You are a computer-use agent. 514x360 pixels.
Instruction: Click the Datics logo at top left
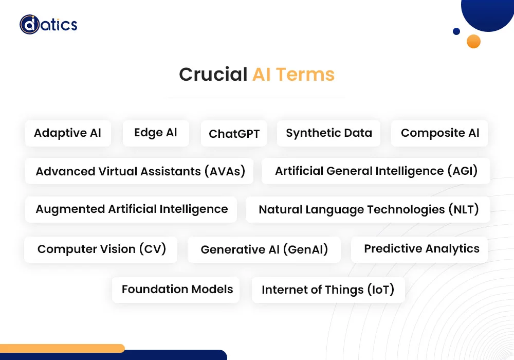(x=48, y=24)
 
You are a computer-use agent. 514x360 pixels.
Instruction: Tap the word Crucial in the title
(x=213, y=75)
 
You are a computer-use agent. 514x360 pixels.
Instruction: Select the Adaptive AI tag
(x=67, y=133)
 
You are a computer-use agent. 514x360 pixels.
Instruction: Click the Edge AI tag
(x=156, y=133)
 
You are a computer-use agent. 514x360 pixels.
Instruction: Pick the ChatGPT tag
(x=234, y=134)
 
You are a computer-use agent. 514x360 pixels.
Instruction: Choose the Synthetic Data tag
(x=329, y=133)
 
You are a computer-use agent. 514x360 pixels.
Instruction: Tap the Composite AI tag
(x=440, y=133)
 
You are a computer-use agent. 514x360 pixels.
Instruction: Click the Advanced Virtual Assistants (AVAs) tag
(x=140, y=171)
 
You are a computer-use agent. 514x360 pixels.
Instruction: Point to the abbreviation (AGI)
(x=463, y=171)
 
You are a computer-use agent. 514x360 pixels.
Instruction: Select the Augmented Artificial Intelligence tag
(x=132, y=209)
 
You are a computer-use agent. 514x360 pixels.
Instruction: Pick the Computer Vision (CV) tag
(x=102, y=249)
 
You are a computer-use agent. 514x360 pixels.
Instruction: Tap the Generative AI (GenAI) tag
(x=264, y=250)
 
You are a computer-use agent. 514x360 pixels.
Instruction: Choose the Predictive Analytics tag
(x=421, y=249)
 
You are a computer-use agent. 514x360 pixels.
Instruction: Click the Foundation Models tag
(x=177, y=290)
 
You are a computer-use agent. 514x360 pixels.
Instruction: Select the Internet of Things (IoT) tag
(x=328, y=290)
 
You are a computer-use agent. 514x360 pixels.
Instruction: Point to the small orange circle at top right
(x=473, y=42)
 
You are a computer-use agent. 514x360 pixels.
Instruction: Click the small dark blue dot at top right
(x=456, y=31)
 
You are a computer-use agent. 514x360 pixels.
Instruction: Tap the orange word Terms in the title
(x=305, y=75)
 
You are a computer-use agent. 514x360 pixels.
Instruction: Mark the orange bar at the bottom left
(x=62, y=348)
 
